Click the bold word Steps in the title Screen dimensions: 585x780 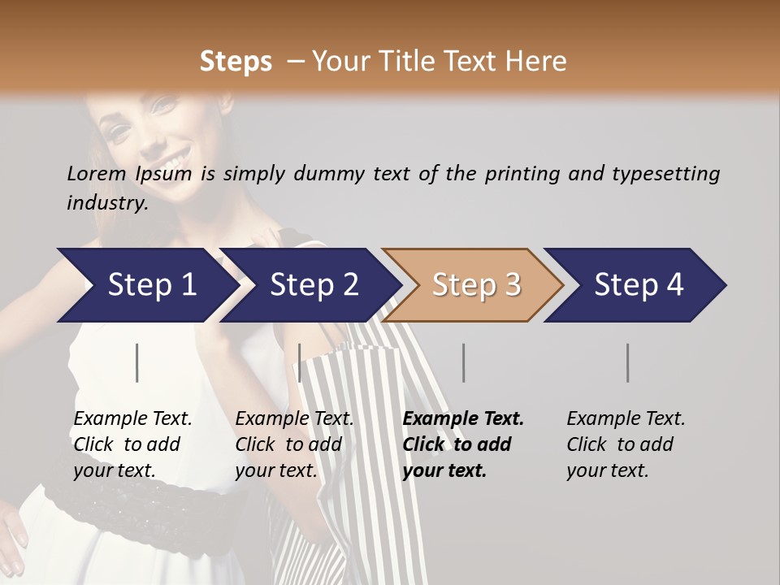coord(236,62)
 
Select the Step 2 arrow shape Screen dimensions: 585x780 coord(309,285)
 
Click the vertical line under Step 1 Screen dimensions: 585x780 coord(137,362)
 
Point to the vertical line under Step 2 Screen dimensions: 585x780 coord(300,362)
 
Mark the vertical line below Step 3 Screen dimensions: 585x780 coord(464,362)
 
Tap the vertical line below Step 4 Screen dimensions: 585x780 coord(628,362)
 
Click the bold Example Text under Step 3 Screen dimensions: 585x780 coord(463,419)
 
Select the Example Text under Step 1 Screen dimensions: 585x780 coord(132,419)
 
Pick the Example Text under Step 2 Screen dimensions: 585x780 coord(294,419)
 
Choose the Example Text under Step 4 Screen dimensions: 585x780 coord(626,419)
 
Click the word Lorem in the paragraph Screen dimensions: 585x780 coord(97,174)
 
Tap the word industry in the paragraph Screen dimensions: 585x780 coord(106,203)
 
